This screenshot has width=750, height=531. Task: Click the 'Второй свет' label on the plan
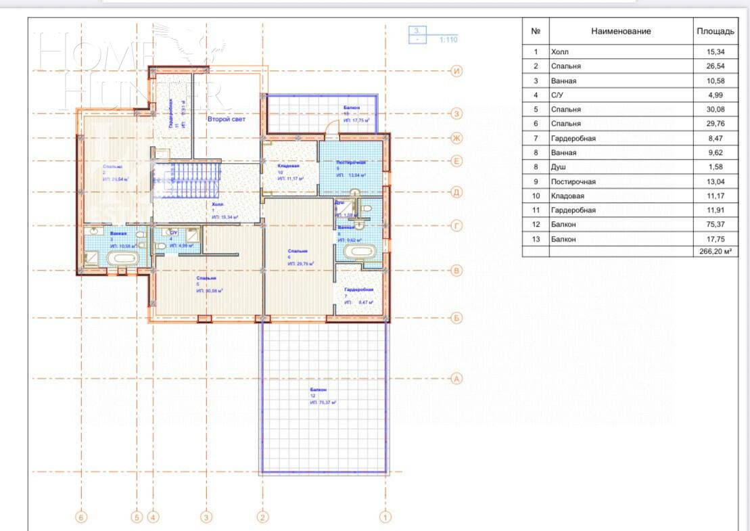(x=227, y=118)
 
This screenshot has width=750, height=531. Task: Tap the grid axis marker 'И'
(x=457, y=71)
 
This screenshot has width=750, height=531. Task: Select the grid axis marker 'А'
(x=456, y=379)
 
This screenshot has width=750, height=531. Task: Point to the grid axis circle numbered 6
(x=82, y=518)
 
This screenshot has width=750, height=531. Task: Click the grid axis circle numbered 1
(x=385, y=518)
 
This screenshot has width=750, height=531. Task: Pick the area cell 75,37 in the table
(x=714, y=224)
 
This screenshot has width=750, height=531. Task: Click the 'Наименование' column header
(x=621, y=31)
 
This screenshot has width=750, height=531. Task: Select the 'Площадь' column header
(x=714, y=31)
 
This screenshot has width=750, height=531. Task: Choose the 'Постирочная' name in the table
(x=573, y=181)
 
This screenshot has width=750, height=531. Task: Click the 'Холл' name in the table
(x=560, y=51)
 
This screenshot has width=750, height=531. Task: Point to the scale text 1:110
(x=448, y=40)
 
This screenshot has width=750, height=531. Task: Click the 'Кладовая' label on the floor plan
(x=289, y=166)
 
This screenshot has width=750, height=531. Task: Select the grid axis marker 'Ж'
(x=457, y=139)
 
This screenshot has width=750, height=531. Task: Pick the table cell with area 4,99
(x=714, y=95)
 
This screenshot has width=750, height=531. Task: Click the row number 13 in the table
(x=536, y=238)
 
